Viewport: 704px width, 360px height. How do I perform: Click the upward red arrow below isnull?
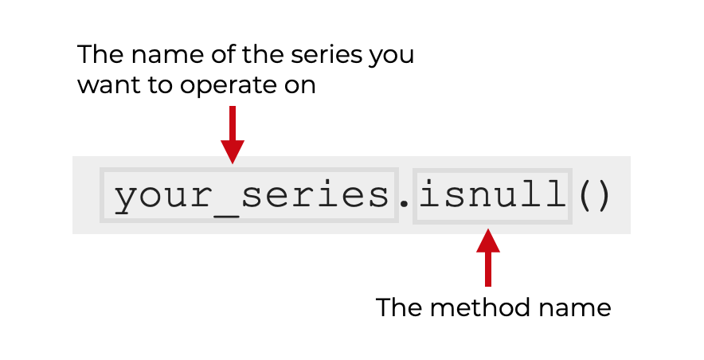pos(488,256)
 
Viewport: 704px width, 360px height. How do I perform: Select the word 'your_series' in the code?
pos(248,195)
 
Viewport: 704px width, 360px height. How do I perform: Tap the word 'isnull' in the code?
pos(491,195)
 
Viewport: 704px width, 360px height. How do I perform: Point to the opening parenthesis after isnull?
pos(583,195)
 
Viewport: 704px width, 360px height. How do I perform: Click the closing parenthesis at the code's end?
pos(602,195)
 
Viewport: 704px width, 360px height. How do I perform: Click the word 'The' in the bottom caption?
pos(397,307)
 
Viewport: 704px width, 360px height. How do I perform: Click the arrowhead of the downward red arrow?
pos(232,151)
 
